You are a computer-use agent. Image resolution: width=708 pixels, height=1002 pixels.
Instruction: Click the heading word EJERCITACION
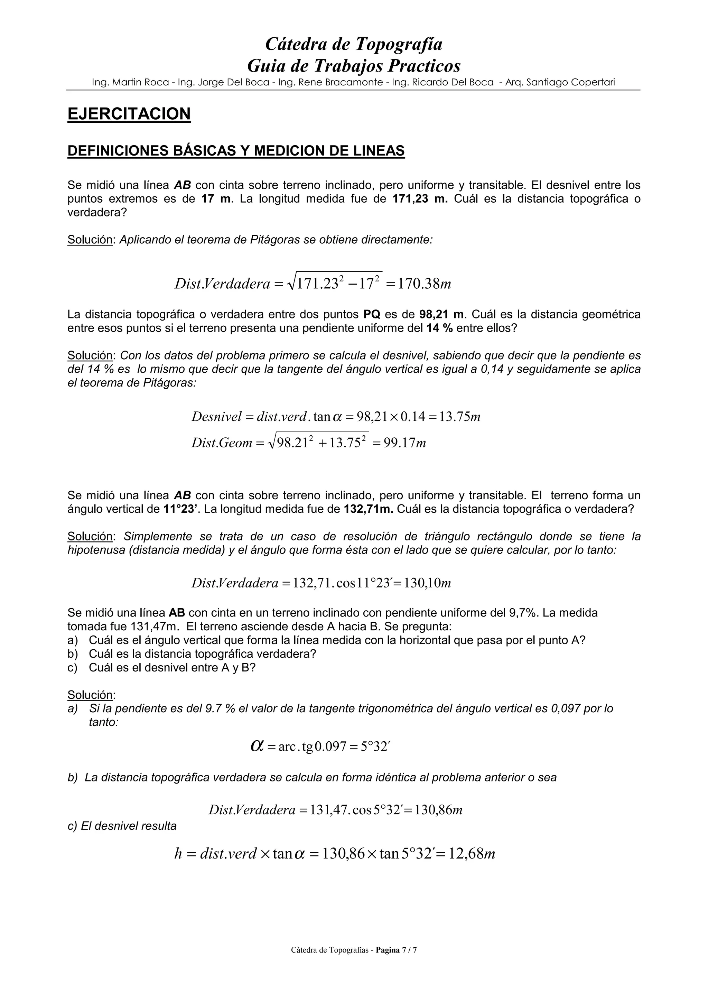pyautogui.click(x=129, y=114)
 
